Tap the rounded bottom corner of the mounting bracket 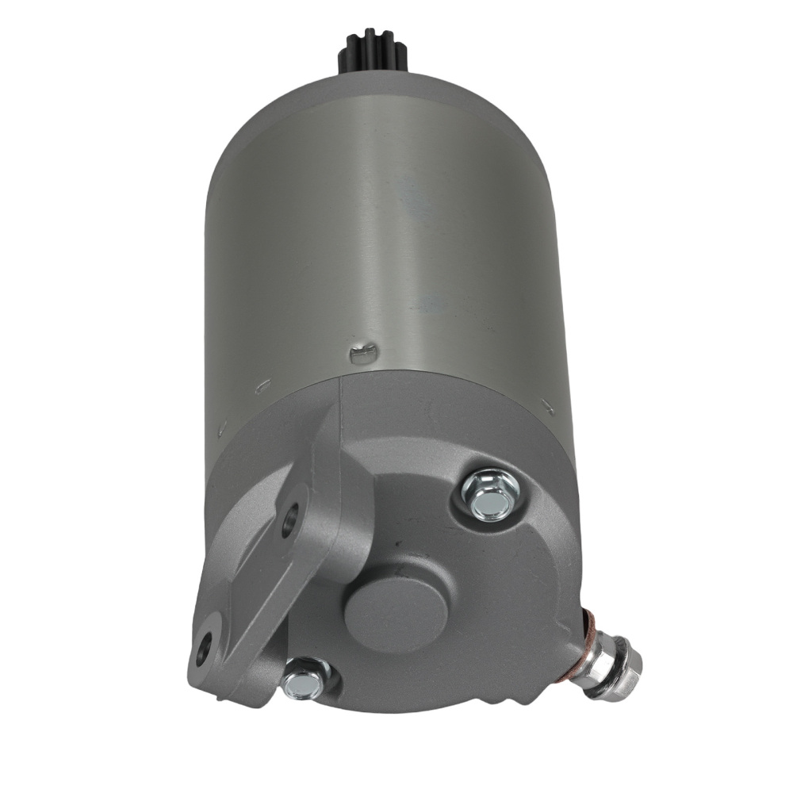tap(198, 674)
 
